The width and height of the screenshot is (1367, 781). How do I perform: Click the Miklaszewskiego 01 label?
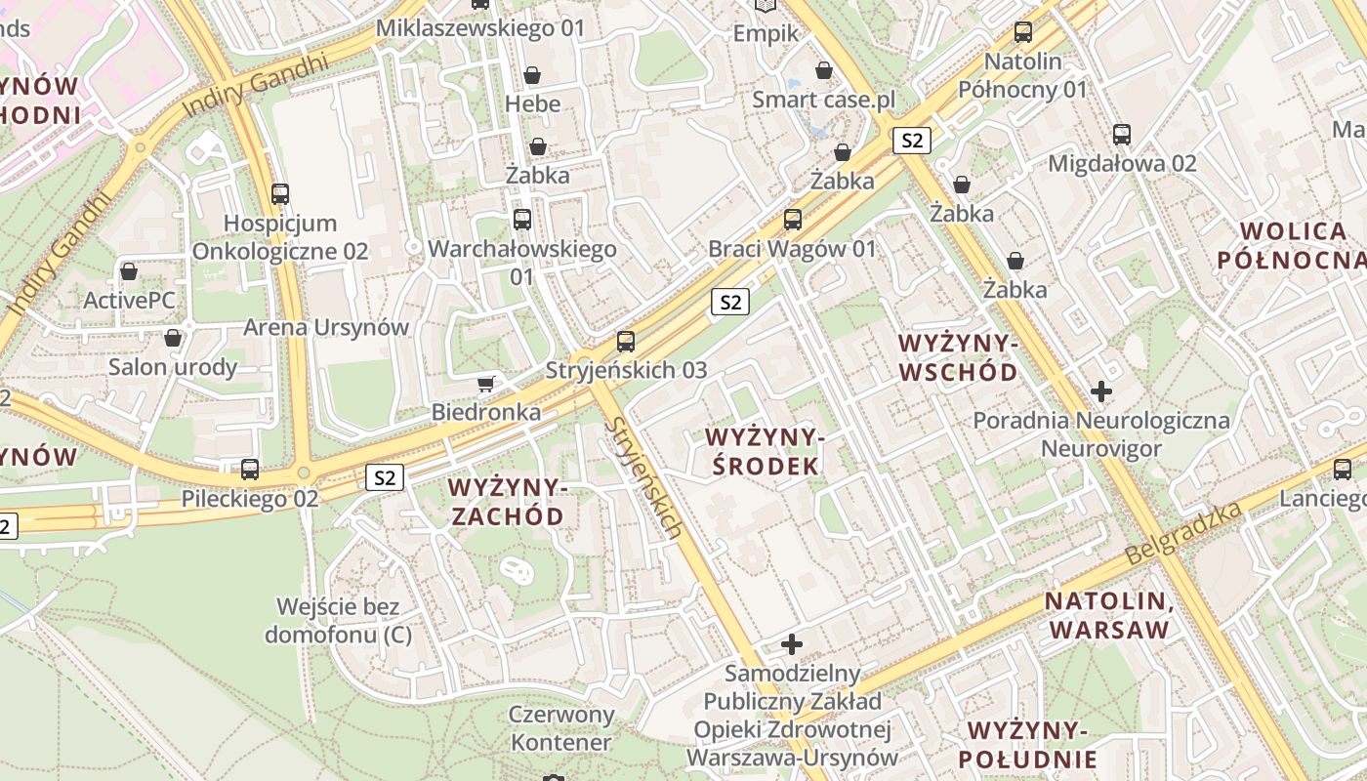pyautogui.click(x=479, y=28)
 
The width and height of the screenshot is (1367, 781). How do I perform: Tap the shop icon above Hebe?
pyautogui.click(x=532, y=75)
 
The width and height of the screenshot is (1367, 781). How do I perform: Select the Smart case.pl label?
pyautogui.click(x=823, y=100)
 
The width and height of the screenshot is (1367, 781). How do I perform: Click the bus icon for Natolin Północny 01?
pyautogui.click(x=1022, y=32)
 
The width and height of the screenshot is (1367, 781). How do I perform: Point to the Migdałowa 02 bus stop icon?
pyautogui.click(x=1122, y=135)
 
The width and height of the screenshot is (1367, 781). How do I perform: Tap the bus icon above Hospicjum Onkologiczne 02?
pyautogui.click(x=280, y=194)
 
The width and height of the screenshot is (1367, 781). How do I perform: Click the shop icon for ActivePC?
pyautogui.click(x=129, y=271)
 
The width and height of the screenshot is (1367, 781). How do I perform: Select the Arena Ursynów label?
pyautogui.click(x=325, y=327)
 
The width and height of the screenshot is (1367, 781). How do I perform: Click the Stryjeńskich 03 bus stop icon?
pyautogui.click(x=626, y=343)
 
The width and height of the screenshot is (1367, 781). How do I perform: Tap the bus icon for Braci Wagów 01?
pyautogui.click(x=793, y=220)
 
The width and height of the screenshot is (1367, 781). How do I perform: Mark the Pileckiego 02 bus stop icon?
pyautogui.click(x=250, y=470)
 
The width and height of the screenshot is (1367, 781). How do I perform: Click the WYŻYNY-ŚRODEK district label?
pyautogui.click(x=765, y=451)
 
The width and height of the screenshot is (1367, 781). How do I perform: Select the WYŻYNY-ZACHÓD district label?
pyautogui.click(x=506, y=501)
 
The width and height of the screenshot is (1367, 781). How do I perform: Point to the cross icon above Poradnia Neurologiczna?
pyautogui.click(x=1101, y=392)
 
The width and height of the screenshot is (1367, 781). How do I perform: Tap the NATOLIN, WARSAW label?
pyautogui.click(x=1108, y=615)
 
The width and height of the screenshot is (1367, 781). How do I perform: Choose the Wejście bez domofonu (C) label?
pyautogui.click(x=338, y=621)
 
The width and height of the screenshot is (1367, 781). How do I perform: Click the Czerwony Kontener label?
pyautogui.click(x=561, y=728)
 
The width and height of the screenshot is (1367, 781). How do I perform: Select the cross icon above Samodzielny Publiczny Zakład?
pyautogui.click(x=792, y=644)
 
